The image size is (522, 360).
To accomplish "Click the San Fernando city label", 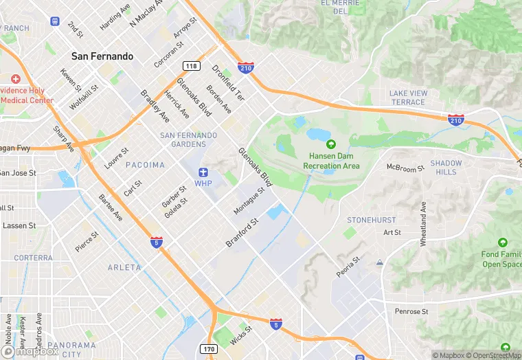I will (103, 56).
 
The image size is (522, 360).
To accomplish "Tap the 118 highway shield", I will (191, 65).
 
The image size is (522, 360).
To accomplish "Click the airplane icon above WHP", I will (203, 172).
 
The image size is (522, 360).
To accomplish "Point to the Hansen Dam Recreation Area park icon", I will (332, 145).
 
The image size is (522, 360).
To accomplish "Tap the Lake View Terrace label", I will (408, 98).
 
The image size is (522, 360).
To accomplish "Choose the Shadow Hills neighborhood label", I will (446, 167).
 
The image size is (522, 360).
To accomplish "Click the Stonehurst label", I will (371, 220).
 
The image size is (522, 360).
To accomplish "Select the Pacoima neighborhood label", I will (145, 165).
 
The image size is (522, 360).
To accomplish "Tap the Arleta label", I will (124, 267).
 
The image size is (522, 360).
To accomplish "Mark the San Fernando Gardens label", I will (188, 139).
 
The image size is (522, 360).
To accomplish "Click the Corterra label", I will (32, 258).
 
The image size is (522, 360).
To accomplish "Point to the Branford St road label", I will (241, 233).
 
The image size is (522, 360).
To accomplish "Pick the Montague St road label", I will (249, 201).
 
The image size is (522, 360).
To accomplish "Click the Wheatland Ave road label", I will (424, 224).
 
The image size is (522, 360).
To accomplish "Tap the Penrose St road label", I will (411, 311).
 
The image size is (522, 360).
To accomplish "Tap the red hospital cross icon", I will (15, 80).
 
